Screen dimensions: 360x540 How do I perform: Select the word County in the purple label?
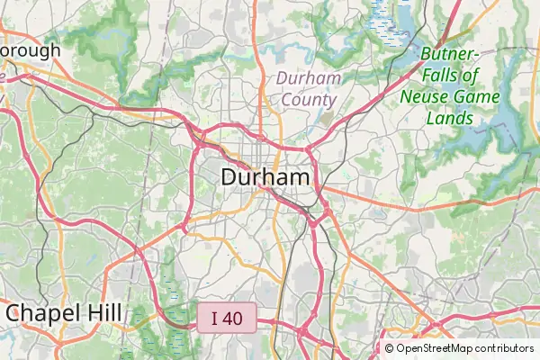click(x=309, y=100)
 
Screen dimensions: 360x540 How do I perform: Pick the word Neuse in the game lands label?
click(x=425, y=96)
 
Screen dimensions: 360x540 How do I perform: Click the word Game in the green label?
click(x=473, y=96)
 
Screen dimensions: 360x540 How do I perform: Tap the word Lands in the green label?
click(x=449, y=118)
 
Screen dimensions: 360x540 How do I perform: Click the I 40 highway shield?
click(x=228, y=318)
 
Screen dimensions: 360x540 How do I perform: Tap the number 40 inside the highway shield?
click(x=235, y=318)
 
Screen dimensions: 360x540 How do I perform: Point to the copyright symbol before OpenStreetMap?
click(x=390, y=348)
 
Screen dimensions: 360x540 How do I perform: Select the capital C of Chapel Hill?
click(x=14, y=313)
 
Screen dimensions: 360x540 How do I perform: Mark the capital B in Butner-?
click(x=426, y=53)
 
